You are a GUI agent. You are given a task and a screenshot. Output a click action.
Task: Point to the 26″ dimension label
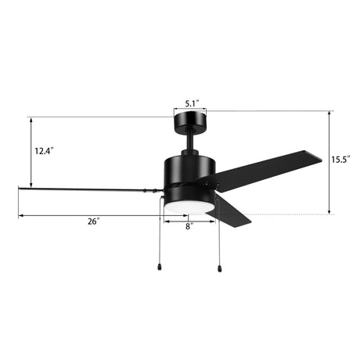93,221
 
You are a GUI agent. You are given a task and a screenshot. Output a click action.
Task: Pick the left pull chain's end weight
161,266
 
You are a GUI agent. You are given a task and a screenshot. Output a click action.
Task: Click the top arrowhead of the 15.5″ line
329,112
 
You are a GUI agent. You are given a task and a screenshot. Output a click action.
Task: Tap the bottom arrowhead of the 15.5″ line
329,211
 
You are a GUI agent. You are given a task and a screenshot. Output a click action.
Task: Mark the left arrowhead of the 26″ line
21,215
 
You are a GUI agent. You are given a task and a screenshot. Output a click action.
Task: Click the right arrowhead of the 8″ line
213,219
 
